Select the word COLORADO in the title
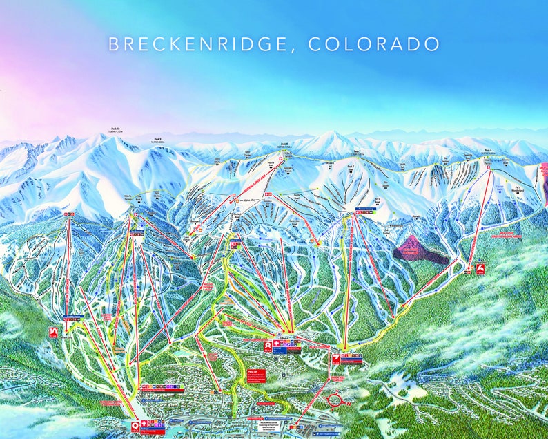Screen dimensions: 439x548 (374, 44)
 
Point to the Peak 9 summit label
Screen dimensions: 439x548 (157, 139)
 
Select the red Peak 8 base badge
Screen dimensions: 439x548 (267, 344)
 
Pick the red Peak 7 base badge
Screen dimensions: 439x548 (336, 357)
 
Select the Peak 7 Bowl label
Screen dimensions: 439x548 (351, 169)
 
